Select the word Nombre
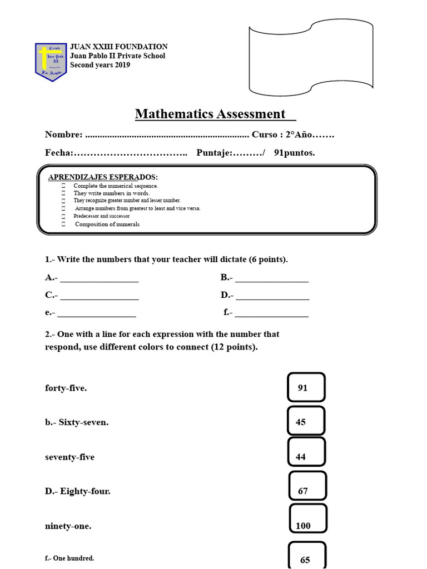[x=63, y=135]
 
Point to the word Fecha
[x=58, y=153]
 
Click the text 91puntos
[x=294, y=153]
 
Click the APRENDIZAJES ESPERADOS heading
[x=103, y=177]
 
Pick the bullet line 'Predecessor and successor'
[x=101, y=216]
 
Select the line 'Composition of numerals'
[x=107, y=224]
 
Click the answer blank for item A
[x=99, y=278]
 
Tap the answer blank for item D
[x=272, y=296]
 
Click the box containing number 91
[x=306, y=387]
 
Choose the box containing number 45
[x=306, y=422]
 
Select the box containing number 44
[x=306, y=456]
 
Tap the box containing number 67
[x=307, y=491]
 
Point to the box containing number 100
[x=307, y=525]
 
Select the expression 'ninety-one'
[x=68, y=526]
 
